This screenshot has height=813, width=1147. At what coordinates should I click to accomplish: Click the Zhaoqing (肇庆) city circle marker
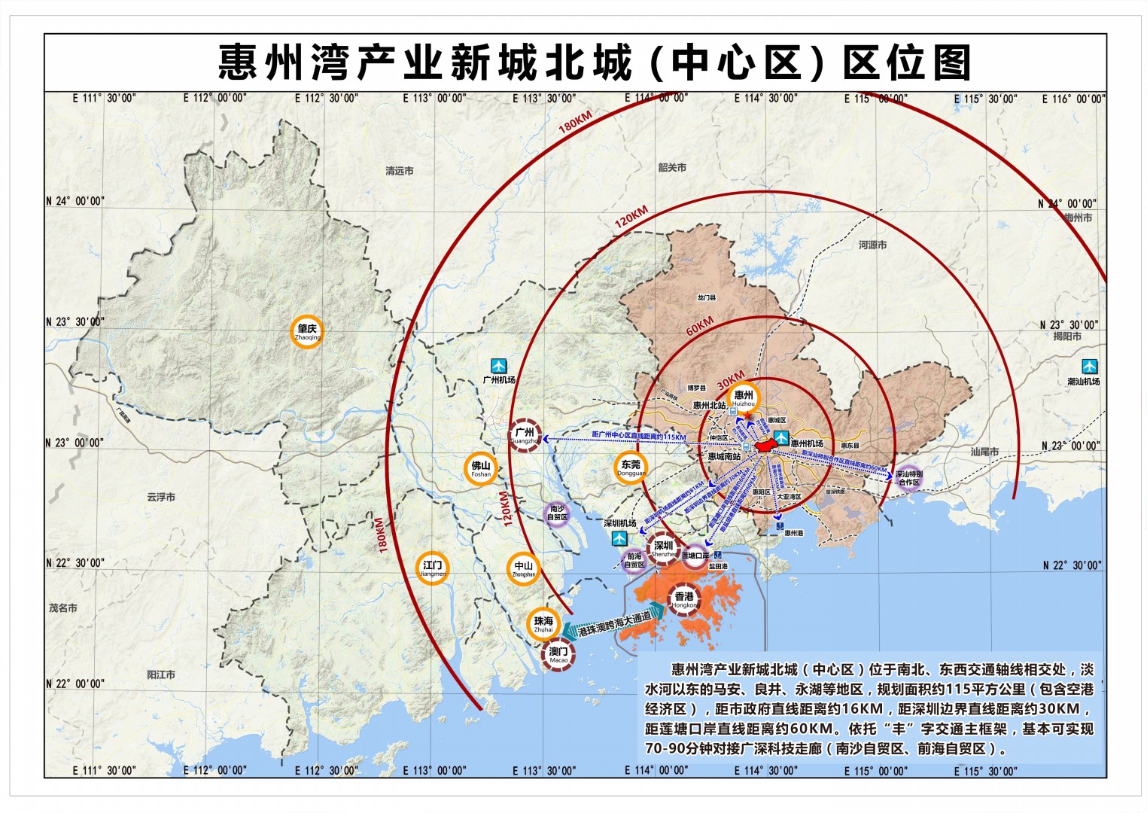coord(307,331)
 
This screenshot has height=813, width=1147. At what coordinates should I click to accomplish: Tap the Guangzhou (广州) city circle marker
coord(525,435)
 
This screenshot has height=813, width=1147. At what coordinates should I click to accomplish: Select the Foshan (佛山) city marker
coord(481,468)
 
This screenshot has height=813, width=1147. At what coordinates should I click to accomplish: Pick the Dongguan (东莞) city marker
coord(631,467)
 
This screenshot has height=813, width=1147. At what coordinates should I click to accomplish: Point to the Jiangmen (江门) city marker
coord(432,568)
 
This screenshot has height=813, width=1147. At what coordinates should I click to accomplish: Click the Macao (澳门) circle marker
coord(558,654)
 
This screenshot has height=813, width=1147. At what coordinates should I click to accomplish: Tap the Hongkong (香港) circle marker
coord(684,599)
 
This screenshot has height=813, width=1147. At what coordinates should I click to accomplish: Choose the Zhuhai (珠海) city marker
coord(543,623)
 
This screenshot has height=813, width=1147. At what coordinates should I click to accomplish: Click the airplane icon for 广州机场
coord(498,367)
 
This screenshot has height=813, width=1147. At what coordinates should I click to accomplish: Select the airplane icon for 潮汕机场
coord(1089,367)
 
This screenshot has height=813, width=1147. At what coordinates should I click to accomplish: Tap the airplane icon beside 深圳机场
coord(619,537)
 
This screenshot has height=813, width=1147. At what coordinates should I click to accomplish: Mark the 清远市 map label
coord(399,171)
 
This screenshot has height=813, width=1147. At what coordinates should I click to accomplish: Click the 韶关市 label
coord(672,167)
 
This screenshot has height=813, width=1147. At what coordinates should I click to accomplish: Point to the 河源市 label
coord(872,245)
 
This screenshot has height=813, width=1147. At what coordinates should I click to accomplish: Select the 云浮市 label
coord(161,497)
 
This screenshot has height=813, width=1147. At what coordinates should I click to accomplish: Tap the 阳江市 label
coord(161,674)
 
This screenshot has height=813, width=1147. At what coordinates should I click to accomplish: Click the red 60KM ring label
coord(699,326)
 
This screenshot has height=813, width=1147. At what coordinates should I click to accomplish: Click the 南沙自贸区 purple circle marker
coord(557,514)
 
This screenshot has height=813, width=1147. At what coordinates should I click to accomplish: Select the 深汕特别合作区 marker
coord(909,479)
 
